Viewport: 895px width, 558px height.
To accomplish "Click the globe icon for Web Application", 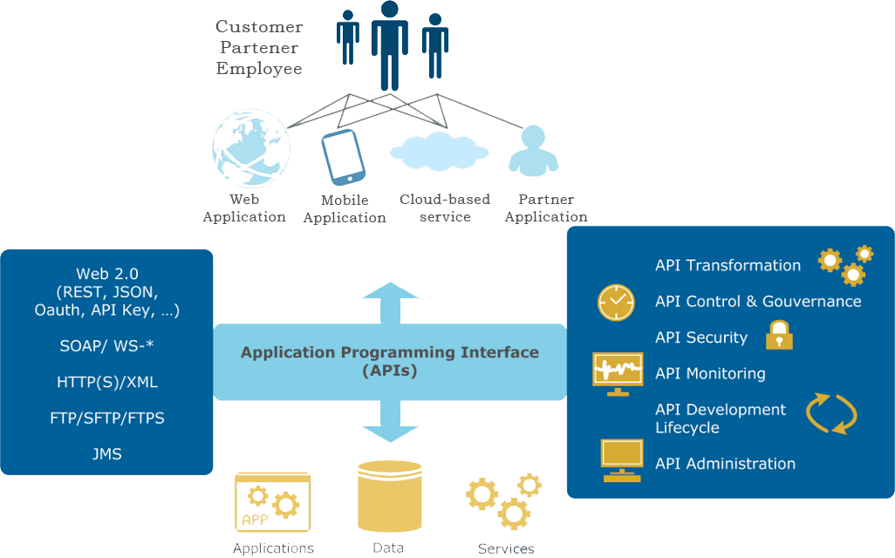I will [249, 146].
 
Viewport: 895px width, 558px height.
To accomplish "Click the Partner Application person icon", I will [533, 150].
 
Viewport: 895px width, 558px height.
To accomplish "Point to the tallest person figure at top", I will [389, 44].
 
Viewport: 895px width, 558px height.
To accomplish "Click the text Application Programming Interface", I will [390, 352].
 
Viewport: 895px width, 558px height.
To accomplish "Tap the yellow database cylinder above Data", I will [389, 497].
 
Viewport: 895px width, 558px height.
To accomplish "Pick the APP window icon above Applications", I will [272, 502].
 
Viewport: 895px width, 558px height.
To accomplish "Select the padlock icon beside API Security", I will [779, 336].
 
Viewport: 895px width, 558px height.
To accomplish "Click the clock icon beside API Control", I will [616, 302].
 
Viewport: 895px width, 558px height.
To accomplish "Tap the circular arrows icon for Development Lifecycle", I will [830, 413].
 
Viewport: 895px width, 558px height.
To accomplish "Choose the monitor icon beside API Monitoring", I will [618, 373].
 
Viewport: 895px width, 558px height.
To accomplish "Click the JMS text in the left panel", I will [106, 454].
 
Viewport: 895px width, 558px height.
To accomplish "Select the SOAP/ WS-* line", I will [106, 346].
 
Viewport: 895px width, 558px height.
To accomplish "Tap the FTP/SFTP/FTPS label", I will [106, 418].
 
